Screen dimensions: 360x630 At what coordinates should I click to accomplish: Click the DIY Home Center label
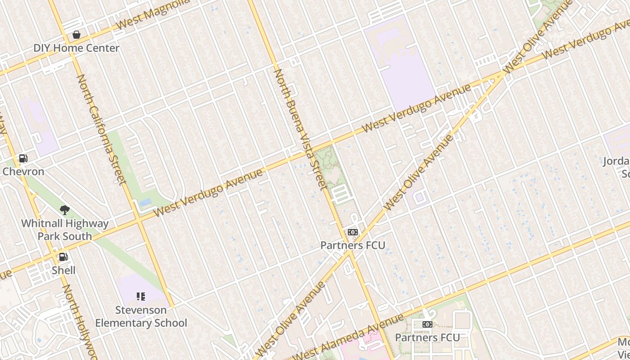tap(76, 48)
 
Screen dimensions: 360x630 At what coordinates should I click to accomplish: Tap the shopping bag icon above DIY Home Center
tap(76, 35)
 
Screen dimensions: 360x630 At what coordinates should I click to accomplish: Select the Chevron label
tap(23, 171)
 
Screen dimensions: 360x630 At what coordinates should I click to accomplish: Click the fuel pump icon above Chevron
tap(23, 158)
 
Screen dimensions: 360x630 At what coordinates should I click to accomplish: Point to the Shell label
tap(63, 270)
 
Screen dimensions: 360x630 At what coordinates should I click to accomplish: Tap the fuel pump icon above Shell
tap(63, 257)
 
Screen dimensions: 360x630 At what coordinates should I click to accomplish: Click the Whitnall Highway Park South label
tap(65, 229)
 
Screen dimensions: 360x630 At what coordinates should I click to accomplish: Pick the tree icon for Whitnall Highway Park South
tap(65, 210)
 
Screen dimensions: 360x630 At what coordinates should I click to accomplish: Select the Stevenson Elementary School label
tap(141, 316)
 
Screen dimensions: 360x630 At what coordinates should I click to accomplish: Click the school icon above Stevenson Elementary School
tap(141, 296)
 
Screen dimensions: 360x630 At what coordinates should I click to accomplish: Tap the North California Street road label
tap(101, 129)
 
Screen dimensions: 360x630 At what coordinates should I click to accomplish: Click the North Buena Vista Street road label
tap(299, 129)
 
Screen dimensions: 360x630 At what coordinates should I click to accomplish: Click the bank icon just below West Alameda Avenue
tap(427, 324)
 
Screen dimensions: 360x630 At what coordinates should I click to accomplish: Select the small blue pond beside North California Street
tap(145, 203)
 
